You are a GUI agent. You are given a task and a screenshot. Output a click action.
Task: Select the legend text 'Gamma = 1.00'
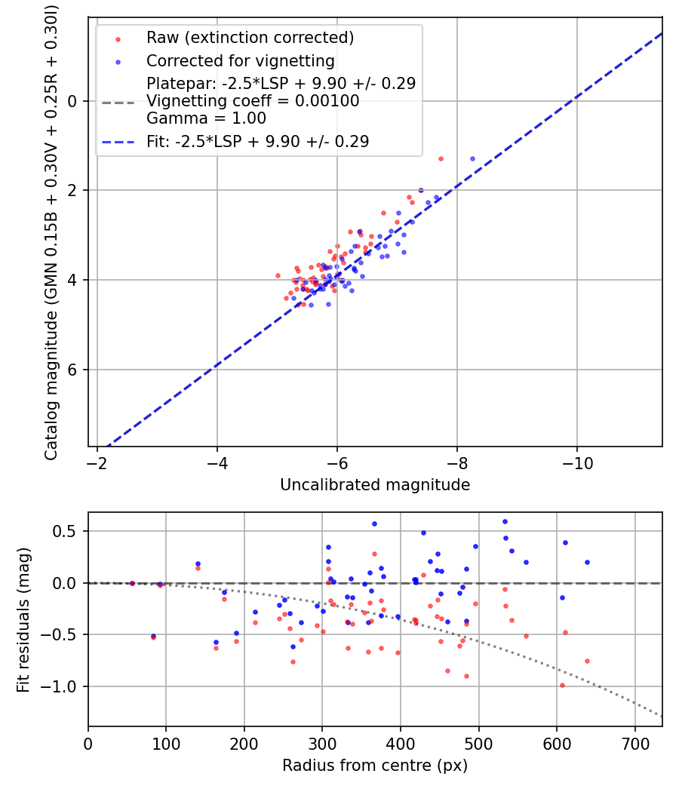207,118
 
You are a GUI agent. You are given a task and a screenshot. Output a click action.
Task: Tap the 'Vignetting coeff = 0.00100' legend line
253,101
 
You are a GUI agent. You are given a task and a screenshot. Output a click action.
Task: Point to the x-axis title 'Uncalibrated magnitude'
375,485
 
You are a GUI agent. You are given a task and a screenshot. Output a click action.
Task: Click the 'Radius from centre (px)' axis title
375,766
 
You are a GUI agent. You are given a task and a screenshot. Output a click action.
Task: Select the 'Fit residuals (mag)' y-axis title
23,619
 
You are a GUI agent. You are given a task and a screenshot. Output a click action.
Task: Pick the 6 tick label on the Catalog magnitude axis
73,370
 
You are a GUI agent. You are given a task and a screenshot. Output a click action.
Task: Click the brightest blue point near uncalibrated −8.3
472,158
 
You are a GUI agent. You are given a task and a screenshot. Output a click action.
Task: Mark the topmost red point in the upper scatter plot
441,158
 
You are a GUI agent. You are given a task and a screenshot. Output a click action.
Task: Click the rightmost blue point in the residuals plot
587,562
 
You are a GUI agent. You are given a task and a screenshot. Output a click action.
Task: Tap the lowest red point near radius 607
562,685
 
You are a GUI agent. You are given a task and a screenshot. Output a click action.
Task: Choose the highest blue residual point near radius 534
505,521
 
